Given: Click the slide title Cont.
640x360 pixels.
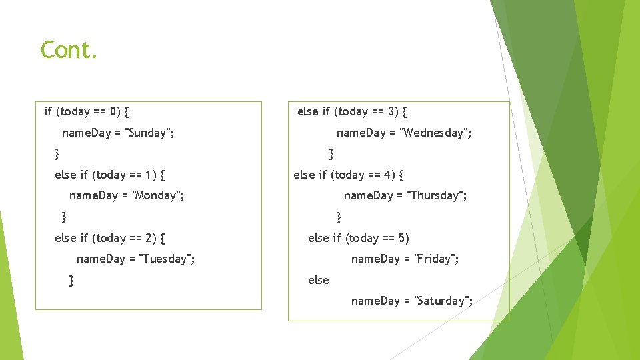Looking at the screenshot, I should (69, 50).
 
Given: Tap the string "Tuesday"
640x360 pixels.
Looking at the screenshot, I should (165, 259).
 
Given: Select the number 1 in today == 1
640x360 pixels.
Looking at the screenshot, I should (149, 175).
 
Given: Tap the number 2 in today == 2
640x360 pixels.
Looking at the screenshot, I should (148, 238).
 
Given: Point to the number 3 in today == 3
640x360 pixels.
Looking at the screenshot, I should (391, 111).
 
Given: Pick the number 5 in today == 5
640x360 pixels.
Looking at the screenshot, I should (402, 238).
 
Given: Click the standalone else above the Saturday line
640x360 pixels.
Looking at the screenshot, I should (318, 280).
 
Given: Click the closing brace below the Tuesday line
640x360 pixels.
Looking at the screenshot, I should (71, 281).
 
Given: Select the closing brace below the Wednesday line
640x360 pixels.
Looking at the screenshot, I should (331, 154).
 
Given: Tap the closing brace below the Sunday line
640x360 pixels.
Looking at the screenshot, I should (57, 154).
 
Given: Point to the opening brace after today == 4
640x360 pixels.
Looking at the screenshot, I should (401, 175).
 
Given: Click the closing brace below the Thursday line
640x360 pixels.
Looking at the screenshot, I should (339, 217).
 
